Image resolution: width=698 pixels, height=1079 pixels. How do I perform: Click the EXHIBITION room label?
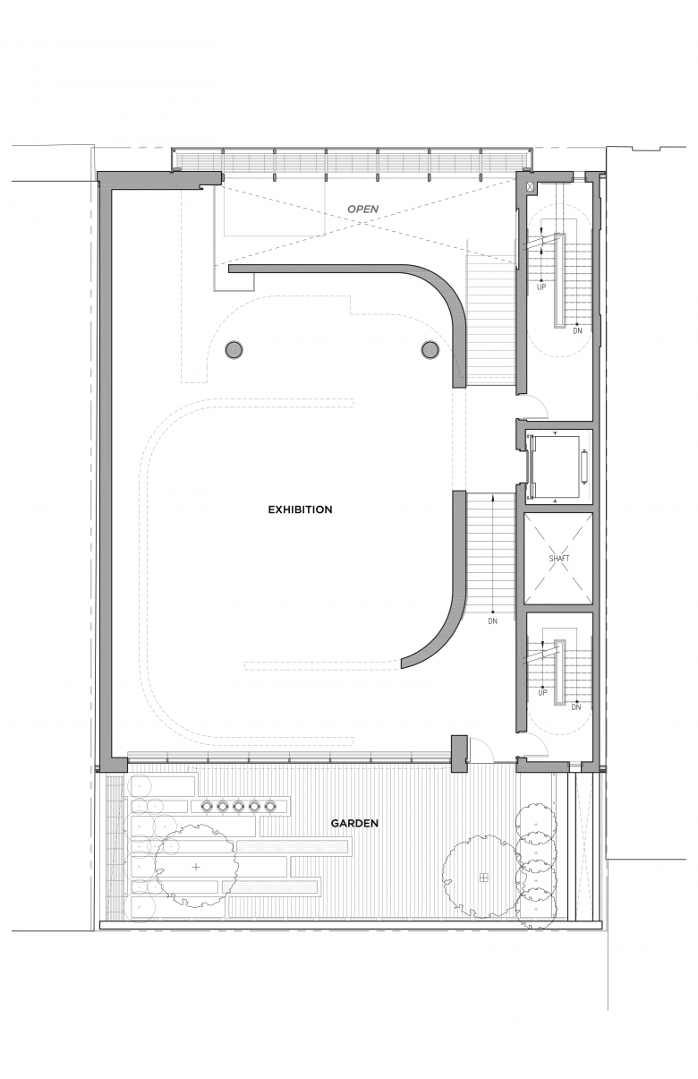click(300, 510)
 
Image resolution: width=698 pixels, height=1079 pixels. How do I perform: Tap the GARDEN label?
click(354, 823)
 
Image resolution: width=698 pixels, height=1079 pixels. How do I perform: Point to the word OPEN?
click(363, 209)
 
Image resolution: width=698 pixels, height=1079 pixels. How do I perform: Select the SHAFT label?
click(559, 559)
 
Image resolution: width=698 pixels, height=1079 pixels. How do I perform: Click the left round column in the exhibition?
click(234, 349)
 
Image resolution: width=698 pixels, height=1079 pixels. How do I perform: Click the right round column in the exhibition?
click(430, 349)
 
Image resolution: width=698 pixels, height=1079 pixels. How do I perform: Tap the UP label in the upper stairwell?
click(541, 287)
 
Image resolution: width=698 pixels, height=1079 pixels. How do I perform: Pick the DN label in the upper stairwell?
click(578, 331)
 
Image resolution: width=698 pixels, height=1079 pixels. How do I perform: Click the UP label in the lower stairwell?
click(542, 693)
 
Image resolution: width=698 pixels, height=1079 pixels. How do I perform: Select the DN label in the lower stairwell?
click(576, 707)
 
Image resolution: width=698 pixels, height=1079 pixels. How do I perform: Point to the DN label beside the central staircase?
click(492, 621)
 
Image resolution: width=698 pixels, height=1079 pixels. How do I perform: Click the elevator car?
click(558, 466)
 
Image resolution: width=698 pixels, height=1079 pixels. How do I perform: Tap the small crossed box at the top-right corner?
click(531, 186)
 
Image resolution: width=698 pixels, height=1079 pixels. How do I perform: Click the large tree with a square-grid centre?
click(483, 878)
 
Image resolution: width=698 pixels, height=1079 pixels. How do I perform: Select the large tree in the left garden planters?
click(196, 867)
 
